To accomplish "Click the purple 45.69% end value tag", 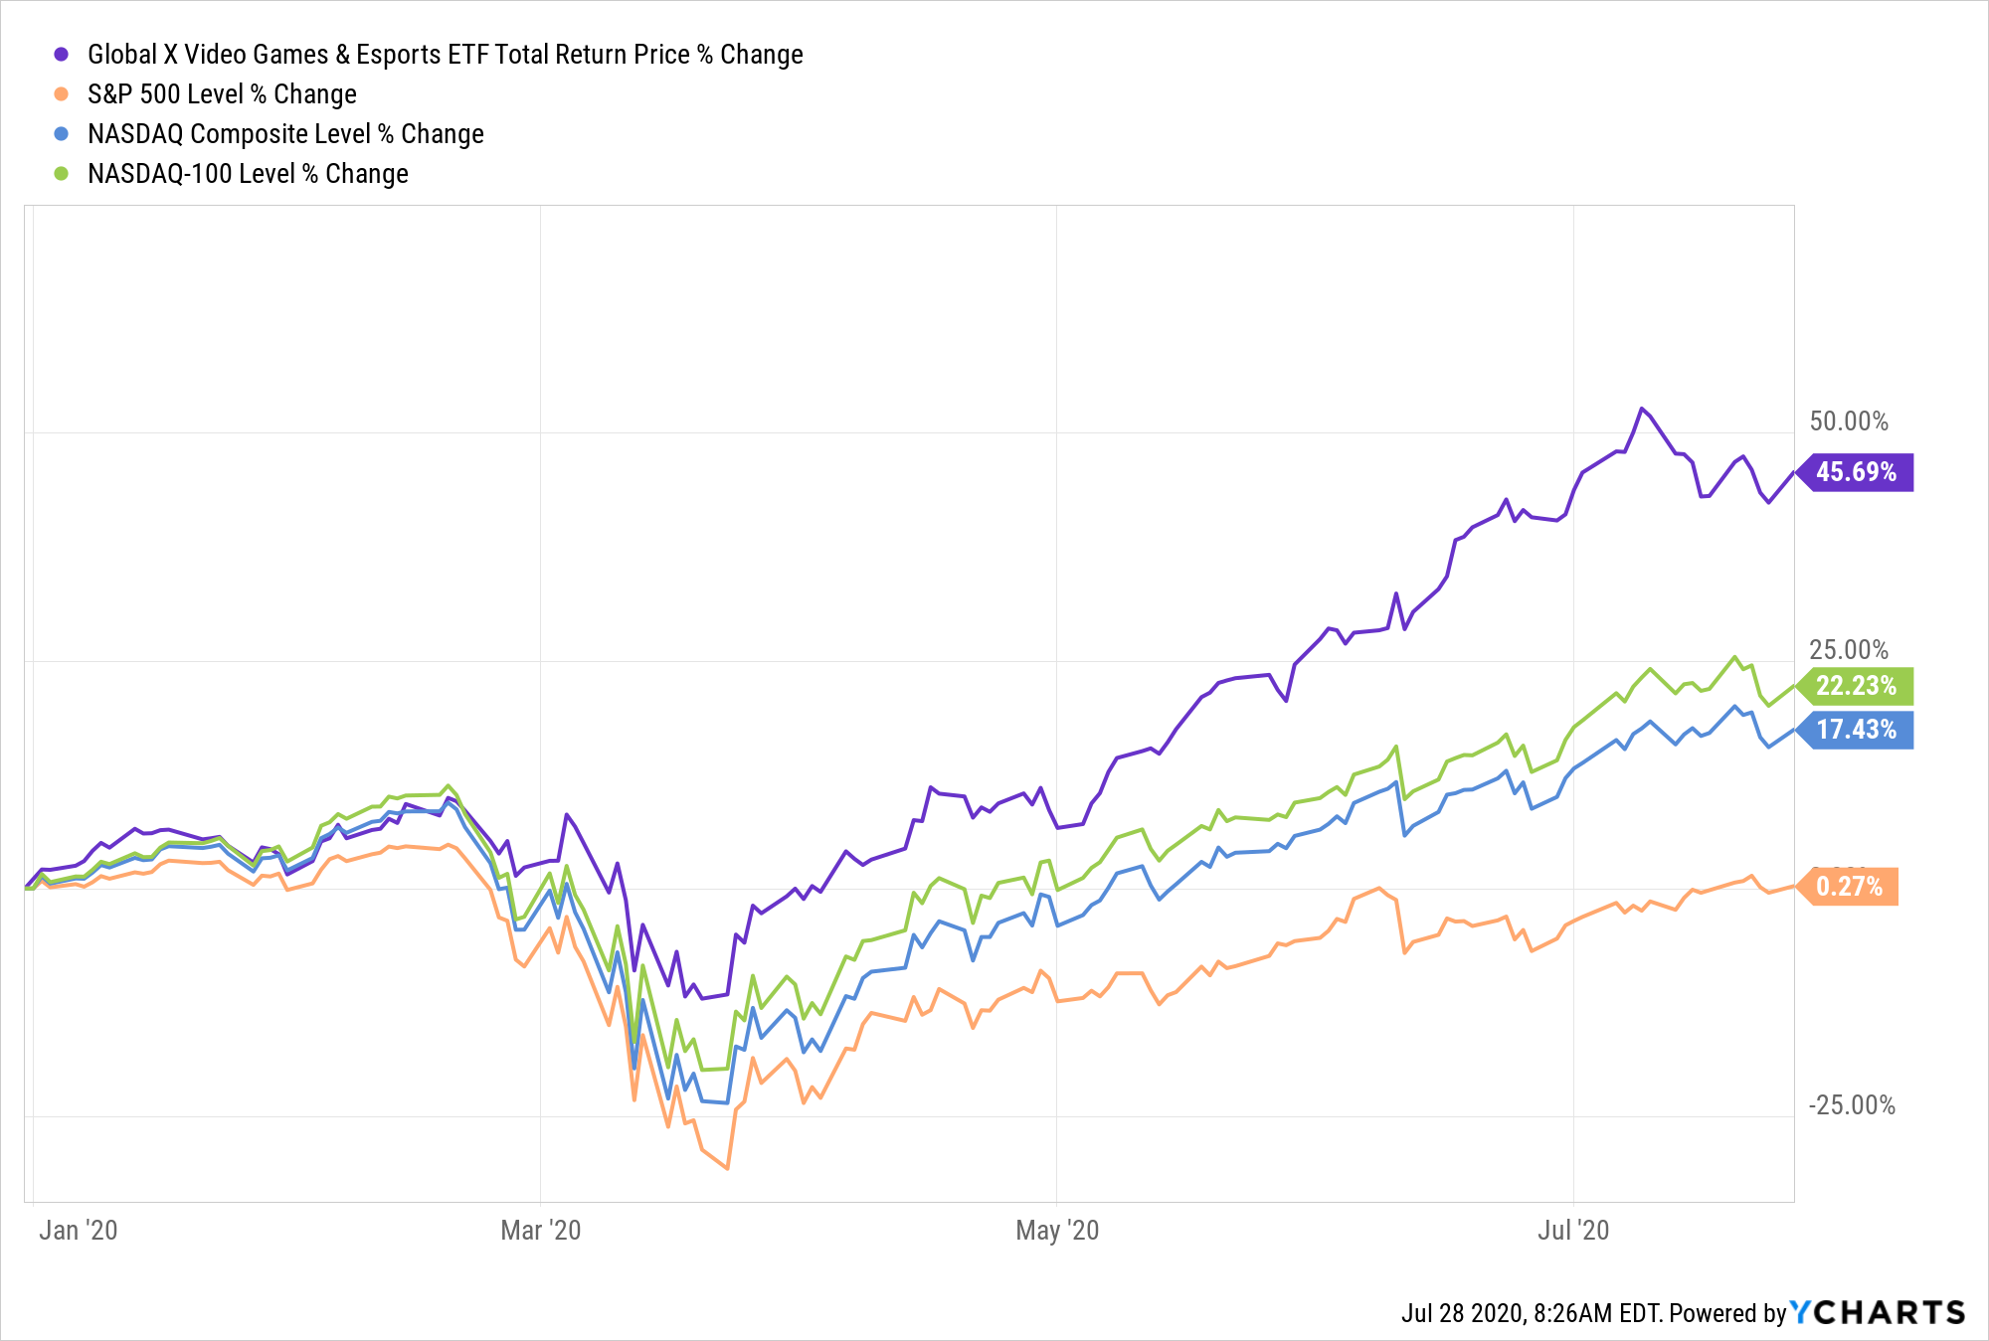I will [x=1856, y=472].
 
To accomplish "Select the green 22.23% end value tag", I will [x=1856, y=686].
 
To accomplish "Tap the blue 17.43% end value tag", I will [x=1856, y=730].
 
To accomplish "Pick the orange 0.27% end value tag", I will [x=1849, y=887].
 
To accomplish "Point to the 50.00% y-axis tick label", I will [x=1848, y=421].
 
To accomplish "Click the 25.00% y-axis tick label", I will [x=1848, y=650].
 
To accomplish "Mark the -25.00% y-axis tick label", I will [x=1852, y=1105].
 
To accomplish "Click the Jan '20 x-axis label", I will [x=78, y=1231].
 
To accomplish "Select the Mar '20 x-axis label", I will [x=540, y=1231].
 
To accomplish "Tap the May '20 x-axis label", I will [x=1057, y=1231].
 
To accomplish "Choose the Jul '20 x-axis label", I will [x=1573, y=1231].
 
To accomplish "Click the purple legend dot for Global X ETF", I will [x=62, y=55].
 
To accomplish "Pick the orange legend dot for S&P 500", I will [x=62, y=94].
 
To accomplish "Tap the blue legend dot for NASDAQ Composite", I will [x=62, y=134].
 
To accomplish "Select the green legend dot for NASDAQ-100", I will [x=62, y=174].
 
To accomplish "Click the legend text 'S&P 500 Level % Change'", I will [x=222, y=94].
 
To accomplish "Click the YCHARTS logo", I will [x=1878, y=1313].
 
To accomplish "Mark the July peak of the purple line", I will [x=1641, y=409].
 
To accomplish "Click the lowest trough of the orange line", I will [x=728, y=1168].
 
